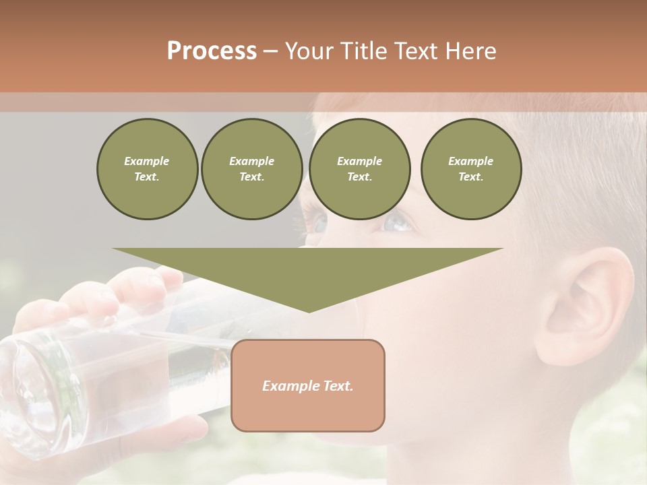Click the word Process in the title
tap(212, 51)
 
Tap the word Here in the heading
tap(471, 51)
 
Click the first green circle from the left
tap(147, 169)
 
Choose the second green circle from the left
tap(251, 169)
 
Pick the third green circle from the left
tap(359, 169)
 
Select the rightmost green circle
tap(471, 169)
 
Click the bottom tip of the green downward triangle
tap(309, 311)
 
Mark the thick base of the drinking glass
tap(30, 397)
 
